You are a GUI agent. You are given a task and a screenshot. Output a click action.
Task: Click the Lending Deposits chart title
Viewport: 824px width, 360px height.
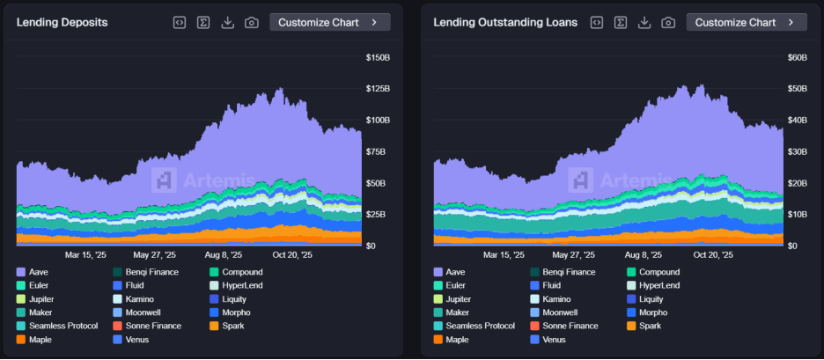pyautogui.click(x=62, y=22)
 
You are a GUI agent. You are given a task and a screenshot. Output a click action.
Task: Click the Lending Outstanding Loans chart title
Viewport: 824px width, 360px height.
pyautogui.click(x=505, y=22)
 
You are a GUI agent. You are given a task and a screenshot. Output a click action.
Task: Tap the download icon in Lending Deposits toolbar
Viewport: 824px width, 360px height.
pyautogui.click(x=228, y=22)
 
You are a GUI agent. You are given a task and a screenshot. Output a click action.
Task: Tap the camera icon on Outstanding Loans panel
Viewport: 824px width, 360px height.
pyautogui.click(x=668, y=22)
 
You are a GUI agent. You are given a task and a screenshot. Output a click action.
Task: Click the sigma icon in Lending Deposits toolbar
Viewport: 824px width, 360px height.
pyautogui.click(x=203, y=22)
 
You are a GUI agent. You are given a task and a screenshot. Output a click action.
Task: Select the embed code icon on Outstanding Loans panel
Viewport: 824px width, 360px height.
pyautogui.click(x=597, y=22)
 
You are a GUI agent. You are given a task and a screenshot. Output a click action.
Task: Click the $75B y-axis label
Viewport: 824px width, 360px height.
pyautogui.click(x=377, y=152)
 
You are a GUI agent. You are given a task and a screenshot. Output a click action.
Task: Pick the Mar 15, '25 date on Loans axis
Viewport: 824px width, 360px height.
pyautogui.click(x=504, y=255)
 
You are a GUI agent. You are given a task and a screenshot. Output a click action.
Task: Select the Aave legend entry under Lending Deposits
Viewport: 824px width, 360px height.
pyautogui.click(x=40, y=272)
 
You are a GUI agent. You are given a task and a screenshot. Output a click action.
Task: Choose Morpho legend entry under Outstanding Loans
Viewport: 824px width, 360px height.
pyautogui.click(x=653, y=312)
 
